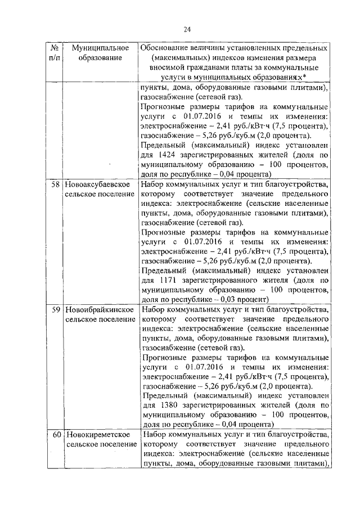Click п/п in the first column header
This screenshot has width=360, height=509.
(x=53, y=58)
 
